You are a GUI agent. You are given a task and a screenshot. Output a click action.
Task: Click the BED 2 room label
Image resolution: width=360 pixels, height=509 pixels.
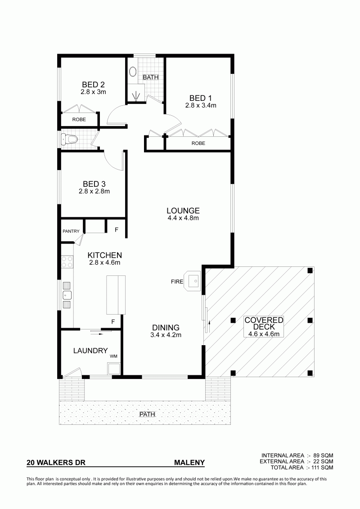(x=93, y=85)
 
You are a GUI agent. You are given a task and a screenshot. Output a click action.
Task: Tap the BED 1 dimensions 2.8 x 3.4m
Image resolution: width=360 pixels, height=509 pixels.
(x=201, y=105)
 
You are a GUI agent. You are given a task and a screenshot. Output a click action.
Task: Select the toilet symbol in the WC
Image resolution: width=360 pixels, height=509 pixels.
(x=69, y=140)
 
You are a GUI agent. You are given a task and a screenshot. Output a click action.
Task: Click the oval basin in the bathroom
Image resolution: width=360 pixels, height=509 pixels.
(x=133, y=72)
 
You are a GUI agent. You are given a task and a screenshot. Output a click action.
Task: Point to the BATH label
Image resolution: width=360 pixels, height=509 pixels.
(x=151, y=77)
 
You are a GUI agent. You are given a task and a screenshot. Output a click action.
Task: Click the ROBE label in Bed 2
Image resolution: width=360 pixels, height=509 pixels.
(x=79, y=119)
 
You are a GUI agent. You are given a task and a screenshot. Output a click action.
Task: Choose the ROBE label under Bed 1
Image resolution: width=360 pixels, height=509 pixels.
(x=198, y=143)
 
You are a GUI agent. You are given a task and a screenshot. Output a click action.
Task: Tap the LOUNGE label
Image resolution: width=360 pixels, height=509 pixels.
(x=183, y=211)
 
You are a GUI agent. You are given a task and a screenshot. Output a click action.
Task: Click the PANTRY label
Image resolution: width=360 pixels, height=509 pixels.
(x=71, y=231)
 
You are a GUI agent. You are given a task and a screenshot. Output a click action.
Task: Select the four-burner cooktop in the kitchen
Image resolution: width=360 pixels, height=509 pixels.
(x=67, y=262)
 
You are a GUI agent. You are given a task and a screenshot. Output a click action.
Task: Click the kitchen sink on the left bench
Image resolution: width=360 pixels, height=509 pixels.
(x=67, y=295)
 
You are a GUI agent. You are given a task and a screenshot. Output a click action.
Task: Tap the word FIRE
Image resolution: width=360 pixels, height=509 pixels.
(x=177, y=282)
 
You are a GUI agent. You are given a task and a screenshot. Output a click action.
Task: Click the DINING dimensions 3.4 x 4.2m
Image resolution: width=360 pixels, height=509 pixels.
(x=166, y=335)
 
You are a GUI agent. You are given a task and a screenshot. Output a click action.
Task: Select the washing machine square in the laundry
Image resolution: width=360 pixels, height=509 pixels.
(x=114, y=369)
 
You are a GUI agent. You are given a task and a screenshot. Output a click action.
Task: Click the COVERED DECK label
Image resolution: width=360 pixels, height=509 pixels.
(x=264, y=324)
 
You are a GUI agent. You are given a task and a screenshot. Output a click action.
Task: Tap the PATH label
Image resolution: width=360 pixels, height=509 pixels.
(x=147, y=414)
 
